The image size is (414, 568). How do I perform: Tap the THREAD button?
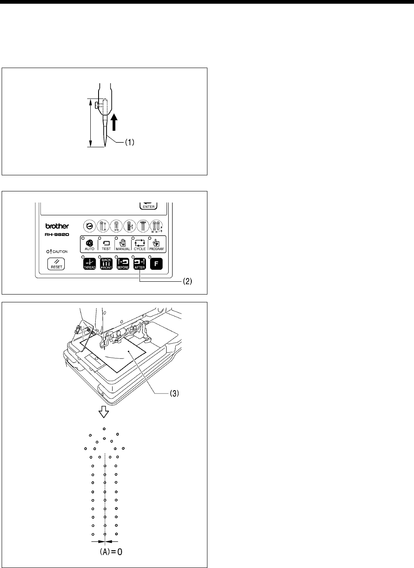89,263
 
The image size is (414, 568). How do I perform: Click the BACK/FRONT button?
106,263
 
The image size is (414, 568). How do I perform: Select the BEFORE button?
123,263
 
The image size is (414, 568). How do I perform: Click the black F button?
156,263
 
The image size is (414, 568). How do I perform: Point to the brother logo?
57,226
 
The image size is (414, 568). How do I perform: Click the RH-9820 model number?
57,234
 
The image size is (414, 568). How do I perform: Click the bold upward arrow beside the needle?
115,123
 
